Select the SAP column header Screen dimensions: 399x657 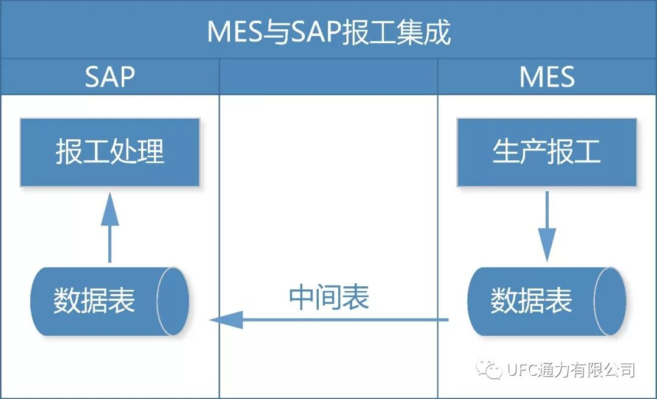coord(109,77)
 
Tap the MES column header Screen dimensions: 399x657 coord(547,77)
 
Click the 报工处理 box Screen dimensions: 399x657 coord(110,152)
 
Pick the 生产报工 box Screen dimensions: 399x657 coord(547,152)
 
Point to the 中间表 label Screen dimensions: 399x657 coord(328,298)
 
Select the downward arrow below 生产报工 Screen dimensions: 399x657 coord(547,225)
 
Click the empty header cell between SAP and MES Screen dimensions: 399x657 coord(328,77)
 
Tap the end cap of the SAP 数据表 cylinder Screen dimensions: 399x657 coord(173,302)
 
